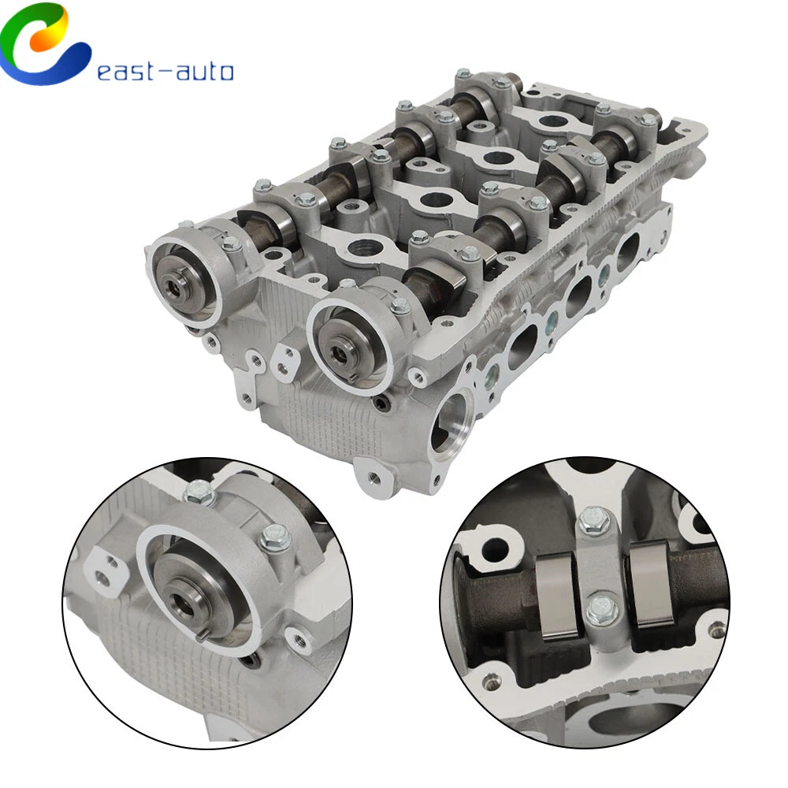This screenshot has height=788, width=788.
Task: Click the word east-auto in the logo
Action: pyautogui.click(x=165, y=72)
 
